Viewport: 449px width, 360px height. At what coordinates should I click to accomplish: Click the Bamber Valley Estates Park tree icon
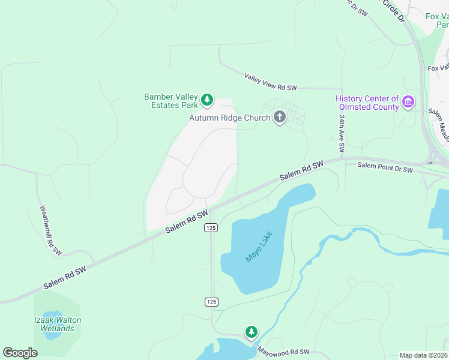pyautogui.click(x=207, y=100)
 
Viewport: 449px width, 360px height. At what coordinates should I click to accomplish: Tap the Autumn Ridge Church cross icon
pyautogui.click(x=279, y=117)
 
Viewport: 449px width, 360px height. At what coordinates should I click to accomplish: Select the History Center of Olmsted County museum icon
pyautogui.click(x=408, y=102)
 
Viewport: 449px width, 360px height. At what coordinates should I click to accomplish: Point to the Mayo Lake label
pyautogui.click(x=259, y=247)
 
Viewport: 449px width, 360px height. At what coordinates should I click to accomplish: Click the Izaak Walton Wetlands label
pyautogui.click(x=57, y=324)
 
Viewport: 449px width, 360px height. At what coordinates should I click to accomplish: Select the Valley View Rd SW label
pyautogui.click(x=271, y=82)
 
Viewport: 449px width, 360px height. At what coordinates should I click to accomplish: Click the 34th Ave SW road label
pyautogui.click(x=341, y=133)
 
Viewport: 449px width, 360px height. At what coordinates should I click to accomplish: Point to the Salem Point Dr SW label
pyautogui.click(x=385, y=170)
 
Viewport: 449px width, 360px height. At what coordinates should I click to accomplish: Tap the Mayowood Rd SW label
pyautogui.click(x=284, y=352)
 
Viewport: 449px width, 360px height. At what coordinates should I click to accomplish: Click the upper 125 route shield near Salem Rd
pyautogui.click(x=210, y=227)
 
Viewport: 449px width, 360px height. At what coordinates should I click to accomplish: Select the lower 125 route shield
pyautogui.click(x=210, y=301)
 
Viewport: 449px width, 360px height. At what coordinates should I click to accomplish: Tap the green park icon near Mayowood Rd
pyautogui.click(x=251, y=331)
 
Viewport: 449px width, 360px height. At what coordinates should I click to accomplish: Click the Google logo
pyautogui.click(x=20, y=353)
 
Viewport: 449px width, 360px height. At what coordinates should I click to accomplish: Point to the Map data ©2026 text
pyautogui.click(x=423, y=355)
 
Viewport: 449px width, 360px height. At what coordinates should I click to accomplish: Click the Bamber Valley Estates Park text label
pyautogui.click(x=171, y=101)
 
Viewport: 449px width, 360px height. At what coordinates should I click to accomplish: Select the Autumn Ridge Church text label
pyautogui.click(x=230, y=118)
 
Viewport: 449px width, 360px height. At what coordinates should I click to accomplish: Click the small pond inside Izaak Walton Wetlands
pyautogui.click(x=52, y=316)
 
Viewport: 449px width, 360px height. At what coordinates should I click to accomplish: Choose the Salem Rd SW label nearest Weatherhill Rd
pyautogui.click(x=65, y=279)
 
